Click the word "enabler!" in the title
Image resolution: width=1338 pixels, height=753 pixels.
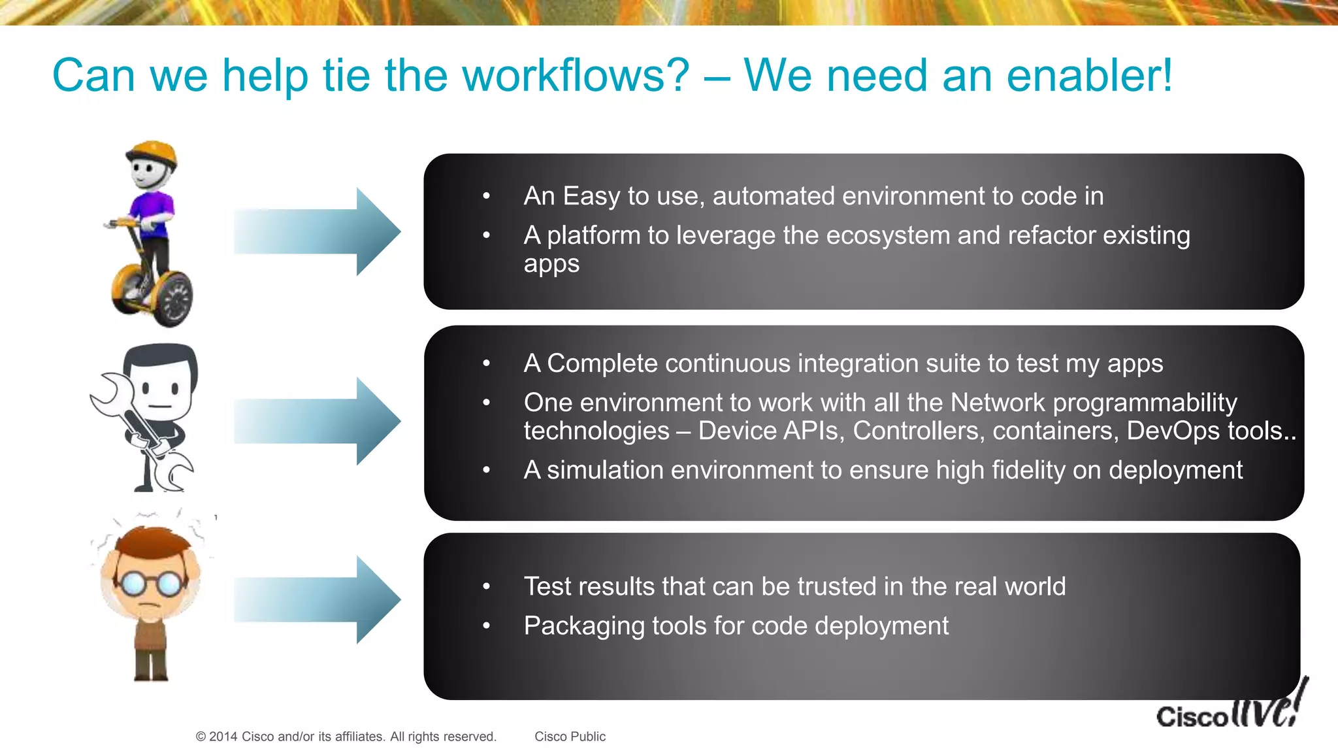[1089, 75]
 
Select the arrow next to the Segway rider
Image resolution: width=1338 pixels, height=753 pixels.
[317, 231]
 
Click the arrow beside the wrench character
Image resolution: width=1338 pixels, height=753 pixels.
[317, 421]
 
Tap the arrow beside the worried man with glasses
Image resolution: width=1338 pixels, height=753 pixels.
[317, 599]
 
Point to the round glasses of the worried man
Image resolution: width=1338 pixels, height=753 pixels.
[150, 582]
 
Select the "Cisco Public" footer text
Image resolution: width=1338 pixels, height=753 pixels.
[570, 737]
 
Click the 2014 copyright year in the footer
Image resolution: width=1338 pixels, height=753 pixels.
[223, 737]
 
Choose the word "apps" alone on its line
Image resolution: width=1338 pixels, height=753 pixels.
[551, 264]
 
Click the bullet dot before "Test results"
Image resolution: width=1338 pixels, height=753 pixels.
[486, 587]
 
